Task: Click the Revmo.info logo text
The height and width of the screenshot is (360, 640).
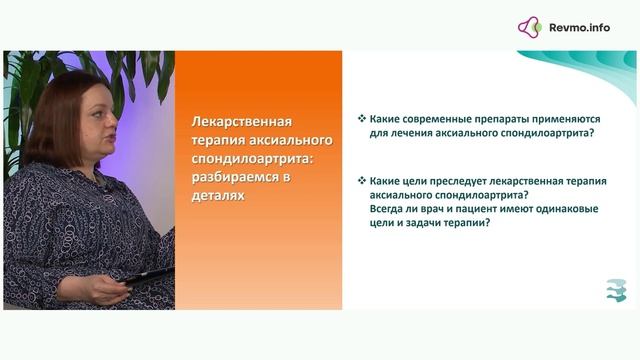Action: click(x=579, y=28)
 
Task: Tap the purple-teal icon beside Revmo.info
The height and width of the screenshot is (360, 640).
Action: click(x=530, y=28)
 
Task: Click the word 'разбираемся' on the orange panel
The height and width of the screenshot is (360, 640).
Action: click(x=229, y=177)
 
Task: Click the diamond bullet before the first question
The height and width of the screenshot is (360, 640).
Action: click(x=361, y=119)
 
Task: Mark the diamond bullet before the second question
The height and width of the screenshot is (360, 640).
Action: click(x=361, y=180)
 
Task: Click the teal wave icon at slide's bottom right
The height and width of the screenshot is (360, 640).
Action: click(x=616, y=289)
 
